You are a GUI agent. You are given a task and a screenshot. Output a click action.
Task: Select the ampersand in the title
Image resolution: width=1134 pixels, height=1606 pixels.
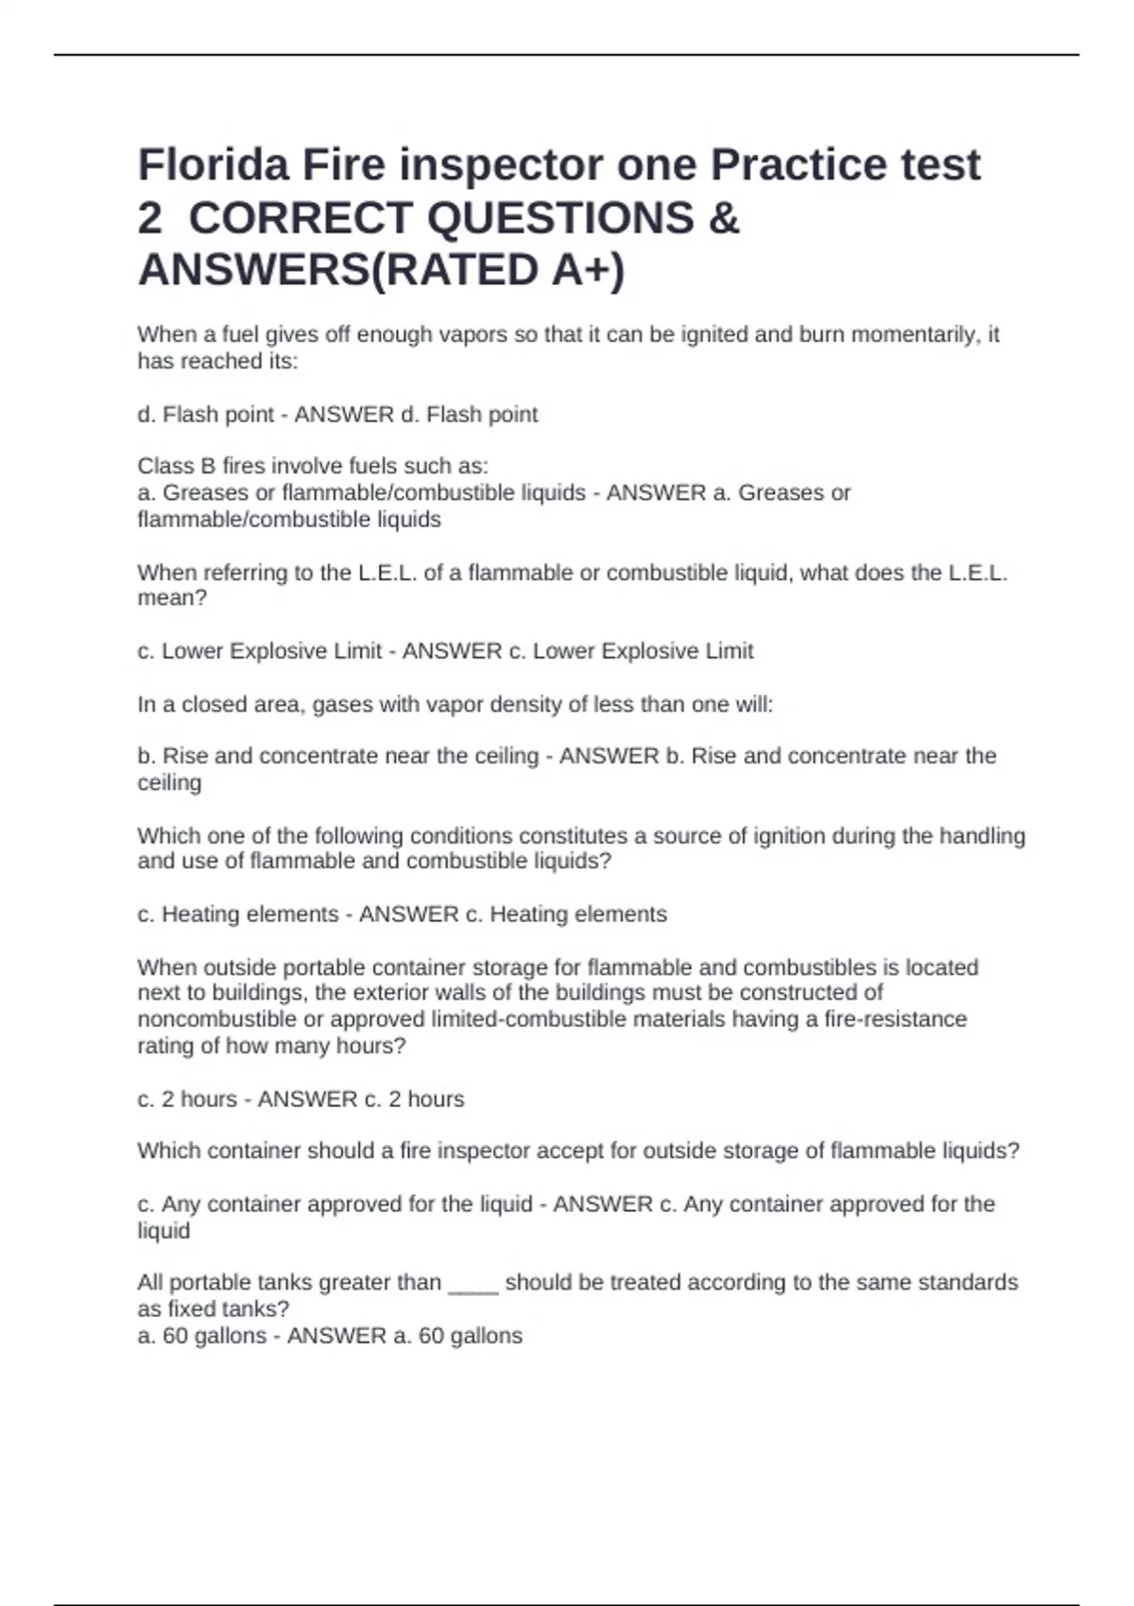click(723, 218)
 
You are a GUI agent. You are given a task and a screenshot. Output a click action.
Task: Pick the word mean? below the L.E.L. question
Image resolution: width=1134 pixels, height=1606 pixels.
click(172, 598)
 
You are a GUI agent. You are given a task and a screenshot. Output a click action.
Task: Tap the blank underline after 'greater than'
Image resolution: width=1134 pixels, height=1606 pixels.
click(472, 1283)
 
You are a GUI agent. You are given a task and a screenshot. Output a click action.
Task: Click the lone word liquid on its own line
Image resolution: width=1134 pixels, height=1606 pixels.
click(163, 1231)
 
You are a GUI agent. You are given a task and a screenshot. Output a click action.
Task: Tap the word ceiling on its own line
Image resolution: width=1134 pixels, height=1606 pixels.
click(169, 783)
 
